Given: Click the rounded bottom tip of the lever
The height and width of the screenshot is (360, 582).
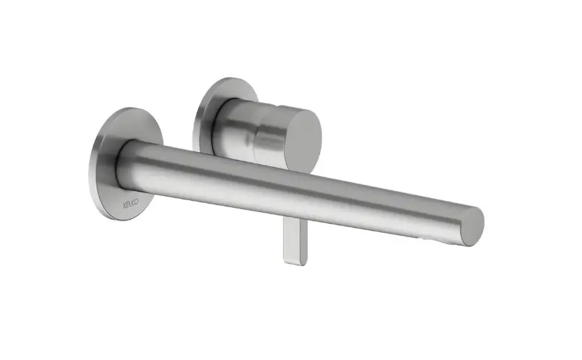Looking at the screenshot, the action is (296, 263).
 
